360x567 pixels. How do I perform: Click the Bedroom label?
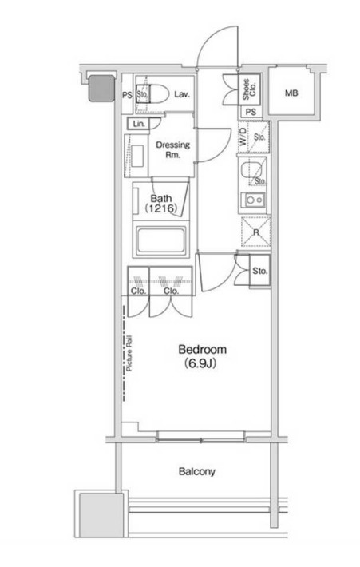203,349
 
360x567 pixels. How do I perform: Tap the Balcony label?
197,471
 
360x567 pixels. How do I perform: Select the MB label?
291,93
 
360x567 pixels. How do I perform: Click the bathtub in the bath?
161,240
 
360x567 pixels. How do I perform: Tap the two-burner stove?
255,200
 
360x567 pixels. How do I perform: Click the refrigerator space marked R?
256,232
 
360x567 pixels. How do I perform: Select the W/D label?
243,137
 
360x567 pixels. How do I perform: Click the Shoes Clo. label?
249,89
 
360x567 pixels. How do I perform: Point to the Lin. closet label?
139,124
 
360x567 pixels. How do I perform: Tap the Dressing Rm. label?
172,149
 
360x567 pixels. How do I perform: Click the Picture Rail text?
129,354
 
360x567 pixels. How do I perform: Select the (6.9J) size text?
200,363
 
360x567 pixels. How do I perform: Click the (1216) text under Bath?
161,208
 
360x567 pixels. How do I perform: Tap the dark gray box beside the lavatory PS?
101,88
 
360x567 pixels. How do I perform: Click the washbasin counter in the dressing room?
136,156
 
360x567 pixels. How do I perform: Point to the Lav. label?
182,94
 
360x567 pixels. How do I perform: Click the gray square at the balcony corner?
101,515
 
